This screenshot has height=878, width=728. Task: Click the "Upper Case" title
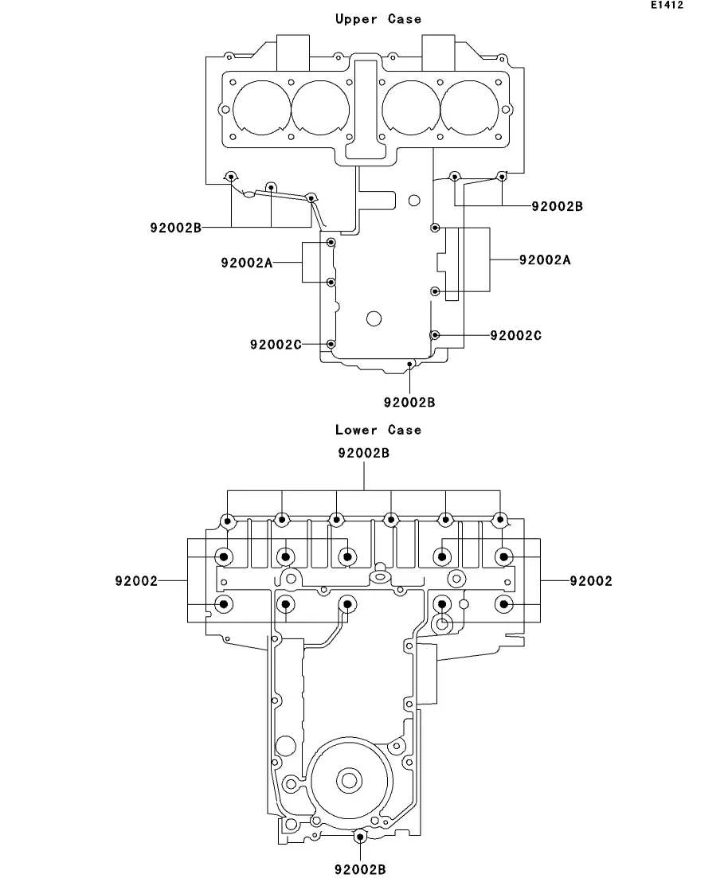coord(378,19)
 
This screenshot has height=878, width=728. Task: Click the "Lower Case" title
coord(378,430)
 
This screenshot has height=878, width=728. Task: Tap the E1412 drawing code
coord(667,5)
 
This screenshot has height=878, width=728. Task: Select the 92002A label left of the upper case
coord(247,263)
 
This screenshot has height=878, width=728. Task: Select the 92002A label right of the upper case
coord(545,259)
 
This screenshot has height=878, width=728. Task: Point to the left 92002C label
coord(276,345)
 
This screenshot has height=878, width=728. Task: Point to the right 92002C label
coord(515,335)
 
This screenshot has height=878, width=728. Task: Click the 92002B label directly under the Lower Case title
coord(364,453)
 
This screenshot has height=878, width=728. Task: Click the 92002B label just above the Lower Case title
coord(409,402)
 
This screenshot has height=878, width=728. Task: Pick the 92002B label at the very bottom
coord(360,869)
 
